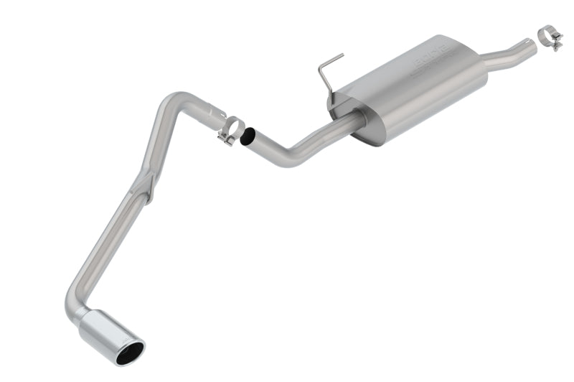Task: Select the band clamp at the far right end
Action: click(551, 37)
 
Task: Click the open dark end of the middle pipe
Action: click(248, 136)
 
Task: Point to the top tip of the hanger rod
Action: click(342, 55)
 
